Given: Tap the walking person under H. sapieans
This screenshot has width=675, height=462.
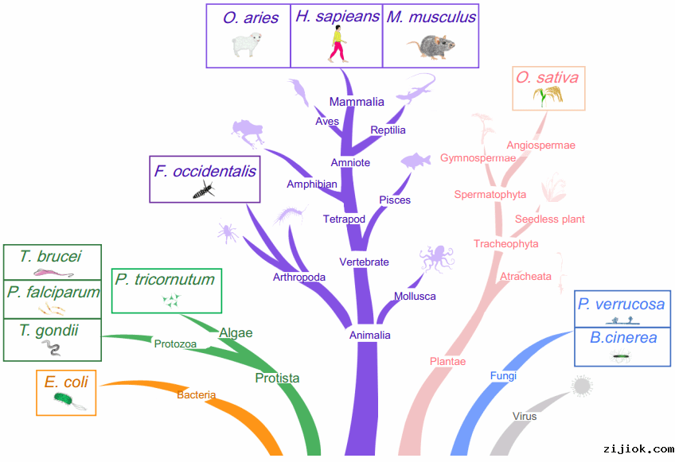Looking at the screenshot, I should point(337,45).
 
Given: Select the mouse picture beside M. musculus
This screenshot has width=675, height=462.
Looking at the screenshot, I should point(431,46).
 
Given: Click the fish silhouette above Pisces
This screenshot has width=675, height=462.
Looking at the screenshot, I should point(416,160).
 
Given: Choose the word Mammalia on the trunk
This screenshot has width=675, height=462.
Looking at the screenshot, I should point(357,102).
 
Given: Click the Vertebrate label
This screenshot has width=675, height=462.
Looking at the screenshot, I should point(364,262).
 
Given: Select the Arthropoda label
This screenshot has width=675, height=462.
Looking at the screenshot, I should point(299,278).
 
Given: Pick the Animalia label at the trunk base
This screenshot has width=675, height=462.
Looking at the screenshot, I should point(370,336).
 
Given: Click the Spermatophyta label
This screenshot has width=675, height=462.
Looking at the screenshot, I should point(490,194).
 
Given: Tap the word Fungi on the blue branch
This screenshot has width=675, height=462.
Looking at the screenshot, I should point(503,376).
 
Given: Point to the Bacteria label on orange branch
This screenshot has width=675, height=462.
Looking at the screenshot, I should point(196,395).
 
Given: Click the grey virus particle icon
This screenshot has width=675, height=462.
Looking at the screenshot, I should point(583,386).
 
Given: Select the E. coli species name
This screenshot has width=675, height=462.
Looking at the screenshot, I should point(66,382).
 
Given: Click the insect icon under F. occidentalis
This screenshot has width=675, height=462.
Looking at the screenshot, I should point(204,189).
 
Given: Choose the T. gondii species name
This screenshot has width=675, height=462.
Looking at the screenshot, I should point(49,329).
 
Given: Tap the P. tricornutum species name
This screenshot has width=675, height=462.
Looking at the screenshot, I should point(165,279).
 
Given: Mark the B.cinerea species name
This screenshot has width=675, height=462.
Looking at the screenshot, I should point(623,337).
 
